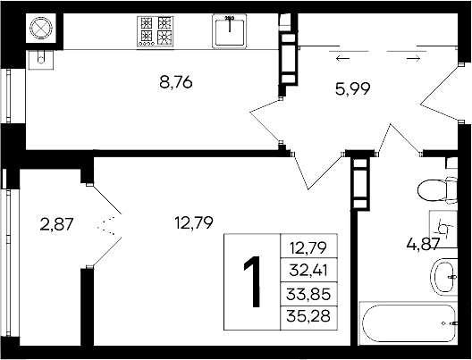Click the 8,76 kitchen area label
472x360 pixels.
(x=176, y=83)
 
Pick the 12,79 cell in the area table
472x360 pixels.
(x=309, y=246)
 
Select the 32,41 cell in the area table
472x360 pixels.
(x=309, y=267)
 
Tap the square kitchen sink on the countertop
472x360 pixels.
(x=230, y=30)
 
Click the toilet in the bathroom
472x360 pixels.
(x=435, y=190)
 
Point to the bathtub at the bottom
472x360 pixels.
(x=411, y=322)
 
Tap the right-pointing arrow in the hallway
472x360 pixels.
(x=413, y=59)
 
